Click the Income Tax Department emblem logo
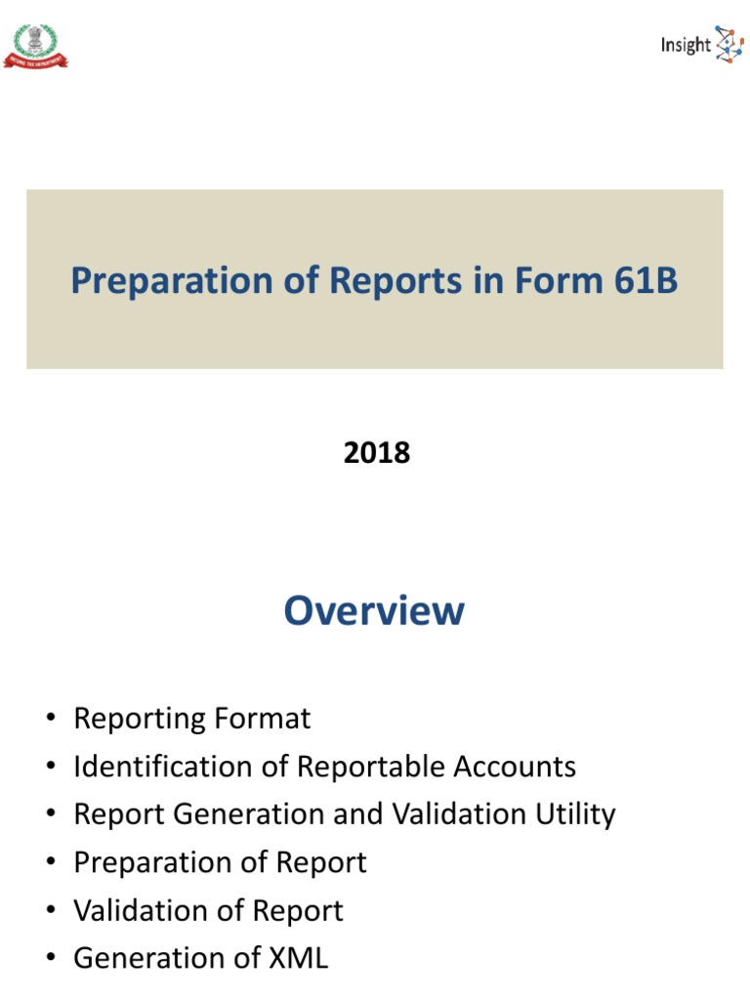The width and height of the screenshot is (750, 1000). click(x=36, y=46)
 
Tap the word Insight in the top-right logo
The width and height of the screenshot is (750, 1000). click(x=686, y=45)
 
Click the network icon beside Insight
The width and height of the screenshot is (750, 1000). click(x=729, y=45)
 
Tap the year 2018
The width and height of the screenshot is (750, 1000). click(x=377, y=453)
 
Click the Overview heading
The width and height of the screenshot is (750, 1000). click(x=374, y=610)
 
